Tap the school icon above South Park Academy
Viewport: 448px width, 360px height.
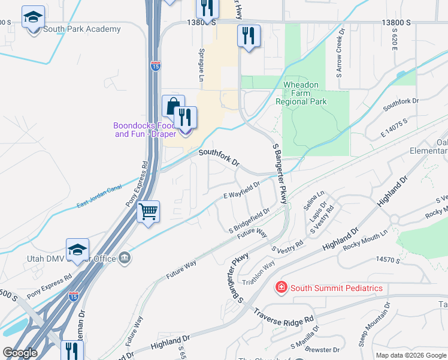pyautogui.click(x=33, y=17)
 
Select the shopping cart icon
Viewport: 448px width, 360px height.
pyautogui.click(x=148, y=212)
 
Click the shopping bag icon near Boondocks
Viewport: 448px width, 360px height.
pyautogui.click(x=172, y=106)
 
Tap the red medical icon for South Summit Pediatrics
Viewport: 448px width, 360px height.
pyautogui.click(x=280, y=288)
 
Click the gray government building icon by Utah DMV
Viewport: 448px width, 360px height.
pyautogui.click(x=125, y=258)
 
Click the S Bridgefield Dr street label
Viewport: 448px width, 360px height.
pyautogui.click(x=249, y=220)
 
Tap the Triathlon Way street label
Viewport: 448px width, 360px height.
pyautogui.click(x=259, y=272)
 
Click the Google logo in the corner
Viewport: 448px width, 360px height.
pyautogui.click(x=19, y=352)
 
